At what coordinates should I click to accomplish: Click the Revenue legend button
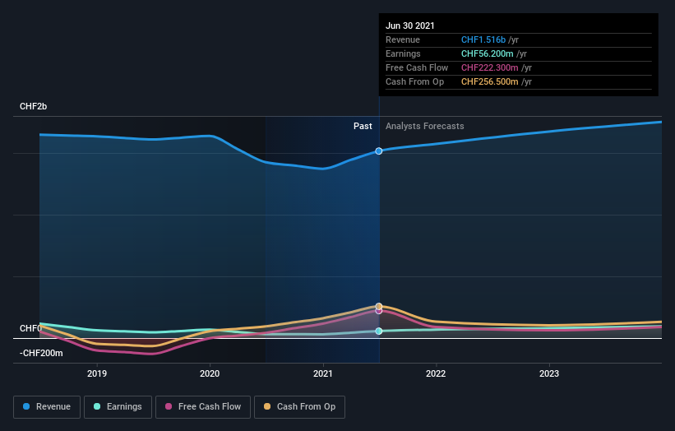click(48, 406)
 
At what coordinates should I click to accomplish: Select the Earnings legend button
click(118, 406)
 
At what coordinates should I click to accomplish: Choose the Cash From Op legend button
click(299, 406)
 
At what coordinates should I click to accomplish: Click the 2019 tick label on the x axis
click(97, 373)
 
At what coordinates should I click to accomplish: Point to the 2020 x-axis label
click(210, 373)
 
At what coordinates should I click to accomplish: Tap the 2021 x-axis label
click(323, 373)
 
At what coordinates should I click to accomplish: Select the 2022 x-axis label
click(436, 373)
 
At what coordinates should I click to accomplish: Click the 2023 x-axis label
click(548, 373)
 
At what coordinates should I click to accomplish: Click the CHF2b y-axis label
click(34, 107)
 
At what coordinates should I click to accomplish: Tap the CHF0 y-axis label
click(30, 328)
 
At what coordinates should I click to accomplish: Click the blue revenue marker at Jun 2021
click(379, 151)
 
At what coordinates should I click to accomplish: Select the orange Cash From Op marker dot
click(379, 306)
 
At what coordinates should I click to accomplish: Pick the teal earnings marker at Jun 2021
click(379, 331)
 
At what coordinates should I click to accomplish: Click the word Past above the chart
click(363, 127)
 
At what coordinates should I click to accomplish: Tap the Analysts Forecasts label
click(424, 127)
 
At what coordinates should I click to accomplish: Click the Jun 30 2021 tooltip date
click(409, 25)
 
